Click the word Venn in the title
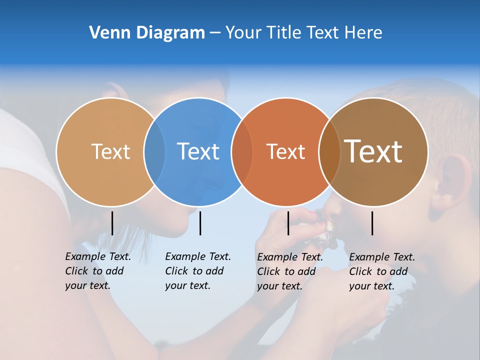[x=105, y=32]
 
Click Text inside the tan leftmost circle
[x=110, y=151]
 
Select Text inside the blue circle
[x=198, y=151]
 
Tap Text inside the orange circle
[x=285, y=151]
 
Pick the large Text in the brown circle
[x=373, y=151]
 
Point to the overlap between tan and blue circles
[x=154, y=151]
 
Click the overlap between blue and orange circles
[x=242, y=151]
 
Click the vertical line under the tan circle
[x=112, y=223]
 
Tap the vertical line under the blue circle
[x=200, y=223]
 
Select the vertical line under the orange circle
[x=288, y=223]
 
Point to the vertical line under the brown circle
[x=372, y=223]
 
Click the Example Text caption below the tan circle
[x=97, y=271]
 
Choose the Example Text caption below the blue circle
[x=197, y=271]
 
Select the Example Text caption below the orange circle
[x=289, y=271]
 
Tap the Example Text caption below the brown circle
[x=381, y=271]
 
